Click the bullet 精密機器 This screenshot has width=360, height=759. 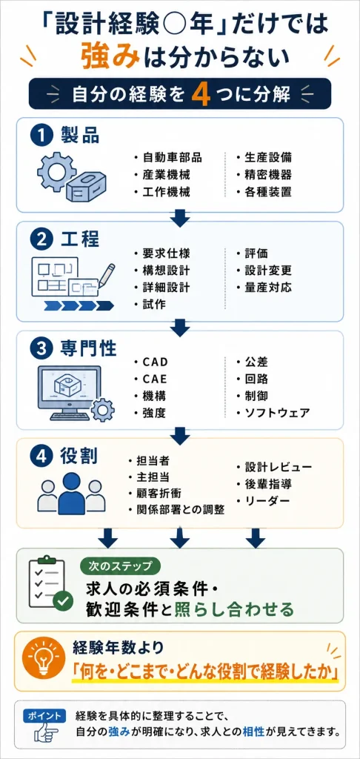click(264, 175)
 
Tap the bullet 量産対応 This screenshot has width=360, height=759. click(264, 288)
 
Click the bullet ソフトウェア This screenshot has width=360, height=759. click(273, 413)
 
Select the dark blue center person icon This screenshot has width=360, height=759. click(72, 493)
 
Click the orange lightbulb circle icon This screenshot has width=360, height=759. click(45, 660)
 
